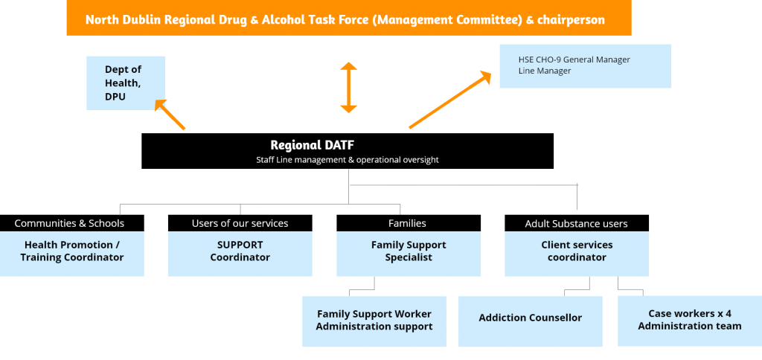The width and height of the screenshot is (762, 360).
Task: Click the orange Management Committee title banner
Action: click(349, 18)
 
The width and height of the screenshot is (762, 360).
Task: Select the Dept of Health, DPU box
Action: click(126, 83)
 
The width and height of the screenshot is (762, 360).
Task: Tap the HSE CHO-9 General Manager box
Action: click(585, 66)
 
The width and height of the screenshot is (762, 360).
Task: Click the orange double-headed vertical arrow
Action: click(348, 88)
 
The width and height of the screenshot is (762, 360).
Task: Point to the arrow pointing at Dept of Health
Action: click(170, 114)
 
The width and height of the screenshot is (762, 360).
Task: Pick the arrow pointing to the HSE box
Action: click(450, 100)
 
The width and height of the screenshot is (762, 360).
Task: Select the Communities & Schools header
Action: click(72, 223)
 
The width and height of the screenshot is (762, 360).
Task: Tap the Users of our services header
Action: click(240, 223)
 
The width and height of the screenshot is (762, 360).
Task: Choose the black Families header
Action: click(409, 223)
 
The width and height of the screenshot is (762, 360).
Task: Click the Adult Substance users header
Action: click(577, 223)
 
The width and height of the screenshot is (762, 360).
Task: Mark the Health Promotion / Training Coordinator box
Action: click(72, 254)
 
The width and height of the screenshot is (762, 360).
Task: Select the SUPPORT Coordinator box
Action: click(240, 254)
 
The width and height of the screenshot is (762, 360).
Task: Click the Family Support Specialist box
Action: click(409, 254)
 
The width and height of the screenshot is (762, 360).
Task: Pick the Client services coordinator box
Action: click(577, 254)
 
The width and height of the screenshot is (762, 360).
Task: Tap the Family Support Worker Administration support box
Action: click(374, 321)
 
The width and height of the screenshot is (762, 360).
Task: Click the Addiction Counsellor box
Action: click(530, 321)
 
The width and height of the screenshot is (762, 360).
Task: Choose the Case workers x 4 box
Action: click(690, 321)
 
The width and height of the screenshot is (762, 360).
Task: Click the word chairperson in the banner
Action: click(571, 20)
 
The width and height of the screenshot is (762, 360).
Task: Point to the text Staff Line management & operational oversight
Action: click(348, 159)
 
